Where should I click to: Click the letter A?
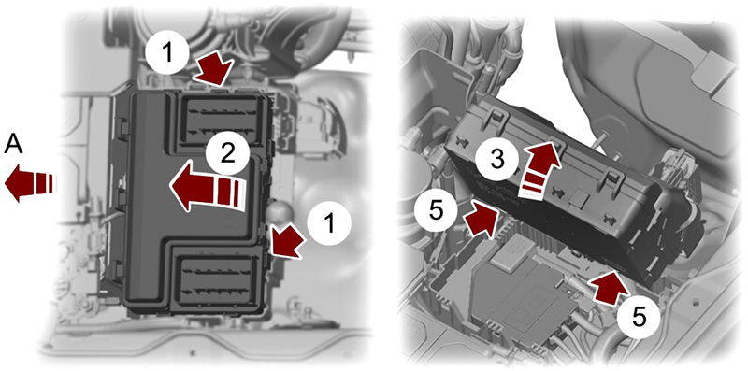point(14,143)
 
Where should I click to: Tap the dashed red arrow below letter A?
point(30,183)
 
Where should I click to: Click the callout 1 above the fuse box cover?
point(167,53)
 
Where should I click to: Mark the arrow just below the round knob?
point(287,242)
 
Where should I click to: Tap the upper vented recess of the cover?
point(223,121)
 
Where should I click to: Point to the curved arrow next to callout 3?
point(539,171)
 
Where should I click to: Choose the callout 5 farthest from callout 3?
point(638,316)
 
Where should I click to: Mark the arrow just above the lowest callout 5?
point(607,288)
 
